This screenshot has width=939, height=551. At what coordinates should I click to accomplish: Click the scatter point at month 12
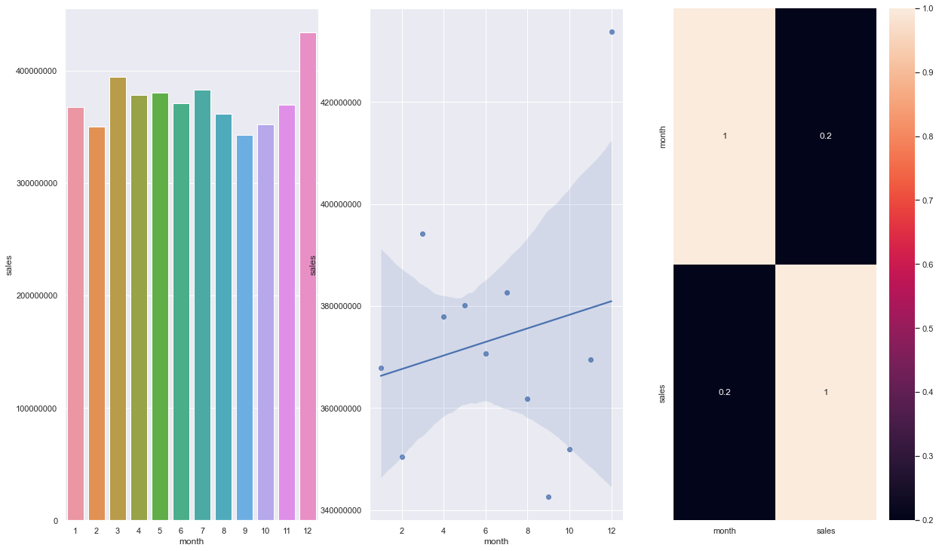pos(612,32)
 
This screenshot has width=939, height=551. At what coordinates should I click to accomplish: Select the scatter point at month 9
pos(548,497)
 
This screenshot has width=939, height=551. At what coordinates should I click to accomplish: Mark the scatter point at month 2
pos(402,457)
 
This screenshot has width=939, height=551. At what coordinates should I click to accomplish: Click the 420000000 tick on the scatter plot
pos(343,103)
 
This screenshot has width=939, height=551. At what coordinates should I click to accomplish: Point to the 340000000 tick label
pos(343,511)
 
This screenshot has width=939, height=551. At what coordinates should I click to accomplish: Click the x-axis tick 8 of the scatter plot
pos(527,530)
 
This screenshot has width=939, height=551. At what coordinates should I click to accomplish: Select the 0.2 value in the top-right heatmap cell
pos(826,136)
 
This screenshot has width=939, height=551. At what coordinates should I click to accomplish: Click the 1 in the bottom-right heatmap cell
pos(826,392)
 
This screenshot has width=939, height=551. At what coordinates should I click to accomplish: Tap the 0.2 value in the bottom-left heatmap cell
pos(724,392)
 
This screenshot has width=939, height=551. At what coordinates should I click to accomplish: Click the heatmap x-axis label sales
pos(826,531)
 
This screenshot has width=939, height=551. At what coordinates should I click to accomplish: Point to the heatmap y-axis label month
pos(663,136)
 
